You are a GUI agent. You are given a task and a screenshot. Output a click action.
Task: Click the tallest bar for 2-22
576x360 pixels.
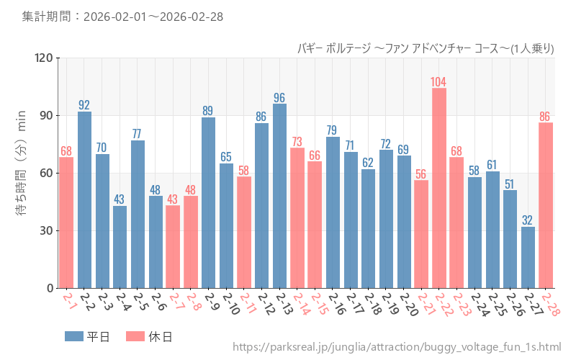coord(439,188)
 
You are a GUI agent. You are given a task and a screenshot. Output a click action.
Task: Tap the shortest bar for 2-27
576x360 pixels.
coord(528,257)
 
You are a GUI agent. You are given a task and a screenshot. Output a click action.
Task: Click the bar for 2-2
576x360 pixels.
coord(84,199)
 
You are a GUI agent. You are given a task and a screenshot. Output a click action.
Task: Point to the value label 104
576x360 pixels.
coord(438,81)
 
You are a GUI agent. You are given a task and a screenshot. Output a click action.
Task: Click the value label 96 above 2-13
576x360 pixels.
coord(279,97)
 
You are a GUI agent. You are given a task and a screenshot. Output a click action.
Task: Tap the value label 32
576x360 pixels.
coord(528,220)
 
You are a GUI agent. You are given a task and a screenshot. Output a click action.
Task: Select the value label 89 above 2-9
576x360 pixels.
coord(208,111)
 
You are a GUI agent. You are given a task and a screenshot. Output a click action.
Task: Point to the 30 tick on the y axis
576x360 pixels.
coord(46,230)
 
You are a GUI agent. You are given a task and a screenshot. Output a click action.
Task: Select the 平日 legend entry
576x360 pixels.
coord(87,336)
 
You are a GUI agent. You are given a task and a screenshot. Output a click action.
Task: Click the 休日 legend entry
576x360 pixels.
coord(149,336)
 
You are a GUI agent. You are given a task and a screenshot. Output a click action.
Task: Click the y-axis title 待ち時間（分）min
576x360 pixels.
coord(21,173)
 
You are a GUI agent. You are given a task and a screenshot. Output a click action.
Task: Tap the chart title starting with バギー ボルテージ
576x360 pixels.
coord(426,48)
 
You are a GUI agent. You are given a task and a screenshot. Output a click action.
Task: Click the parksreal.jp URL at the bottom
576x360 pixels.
coord(397,348)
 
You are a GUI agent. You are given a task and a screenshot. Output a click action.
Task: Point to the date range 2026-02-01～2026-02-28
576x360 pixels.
coord(122,16)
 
